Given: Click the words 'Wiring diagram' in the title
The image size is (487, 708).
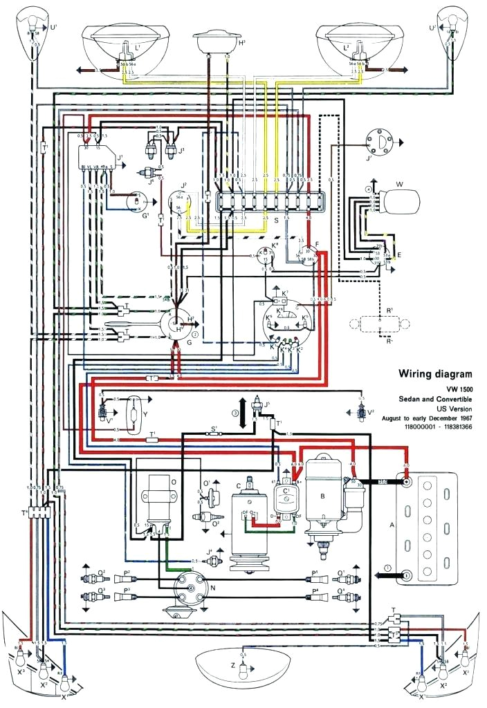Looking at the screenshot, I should tap(434, 374).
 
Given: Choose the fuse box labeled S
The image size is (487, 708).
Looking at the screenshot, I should tap(266, 203).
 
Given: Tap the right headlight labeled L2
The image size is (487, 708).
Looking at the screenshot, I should tap(360, 42).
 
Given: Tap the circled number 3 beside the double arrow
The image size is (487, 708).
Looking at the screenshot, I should tap(235, 413).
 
